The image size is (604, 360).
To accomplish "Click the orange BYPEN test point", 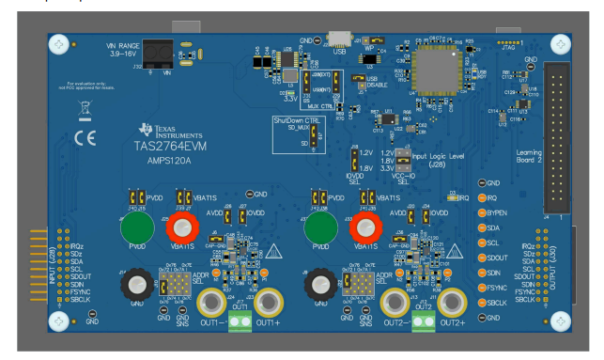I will click(x=481, y=212).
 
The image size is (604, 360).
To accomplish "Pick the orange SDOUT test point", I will click(x=481, y=257).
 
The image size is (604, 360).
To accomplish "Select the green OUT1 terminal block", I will click(x=239, y=324).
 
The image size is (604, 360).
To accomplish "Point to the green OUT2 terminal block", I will click(x=423, y=324).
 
